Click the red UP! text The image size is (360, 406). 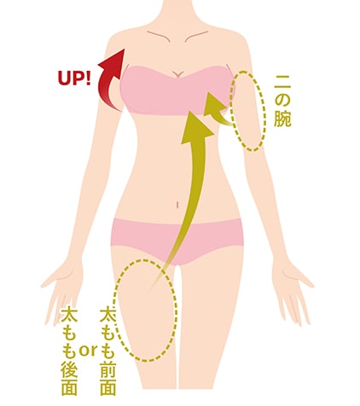point(74,78)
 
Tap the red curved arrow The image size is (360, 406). point(107,83)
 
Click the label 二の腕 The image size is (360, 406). point(282,101)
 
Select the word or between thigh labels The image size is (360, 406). point(88,351)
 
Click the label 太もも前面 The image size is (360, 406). point(108,351)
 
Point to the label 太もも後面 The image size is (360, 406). point(69,351)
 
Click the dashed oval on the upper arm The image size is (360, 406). point(247,111)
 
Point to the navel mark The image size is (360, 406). point(177,205)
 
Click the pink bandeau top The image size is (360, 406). point(174,91)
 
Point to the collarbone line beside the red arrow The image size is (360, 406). point(159,36)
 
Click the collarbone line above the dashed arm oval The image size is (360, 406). point(196,36)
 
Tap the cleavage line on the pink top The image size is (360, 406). point(177,73)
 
